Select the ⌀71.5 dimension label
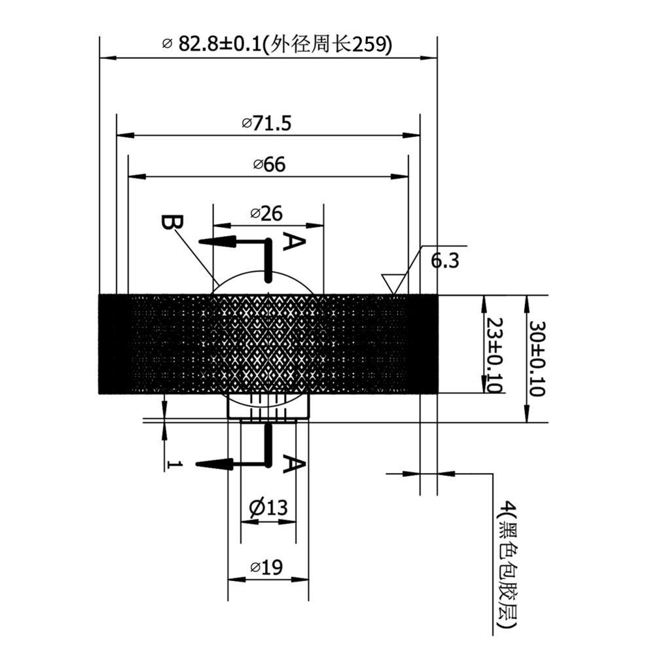266,124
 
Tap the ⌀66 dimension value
269,164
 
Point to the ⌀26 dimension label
266,213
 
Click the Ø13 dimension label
268,508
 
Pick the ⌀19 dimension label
266,567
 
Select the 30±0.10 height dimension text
537,359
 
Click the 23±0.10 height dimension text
495,355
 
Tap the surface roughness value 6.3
444,260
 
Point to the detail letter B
172,222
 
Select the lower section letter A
294,464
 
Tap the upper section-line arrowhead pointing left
217,241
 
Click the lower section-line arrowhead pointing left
214,464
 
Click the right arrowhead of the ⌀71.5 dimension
411,135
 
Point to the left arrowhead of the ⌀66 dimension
137,177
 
